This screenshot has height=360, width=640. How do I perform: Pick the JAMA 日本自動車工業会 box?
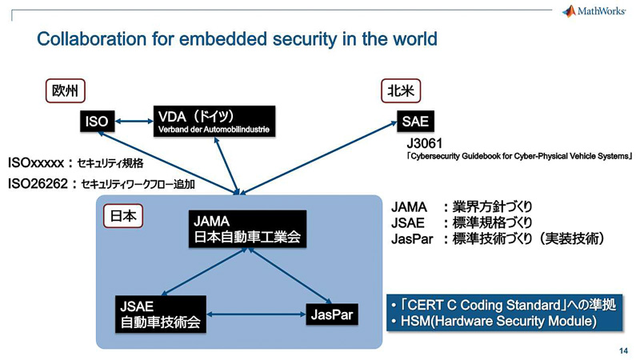pos(247,229)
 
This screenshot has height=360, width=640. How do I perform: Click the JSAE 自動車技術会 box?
pos(160,315)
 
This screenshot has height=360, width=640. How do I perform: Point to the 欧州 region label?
pos(64,91)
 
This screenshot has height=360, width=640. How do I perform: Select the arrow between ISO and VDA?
pos(134,122)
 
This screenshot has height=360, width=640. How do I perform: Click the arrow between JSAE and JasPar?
pos(254,314)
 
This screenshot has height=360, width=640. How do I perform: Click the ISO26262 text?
pos(40,183)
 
